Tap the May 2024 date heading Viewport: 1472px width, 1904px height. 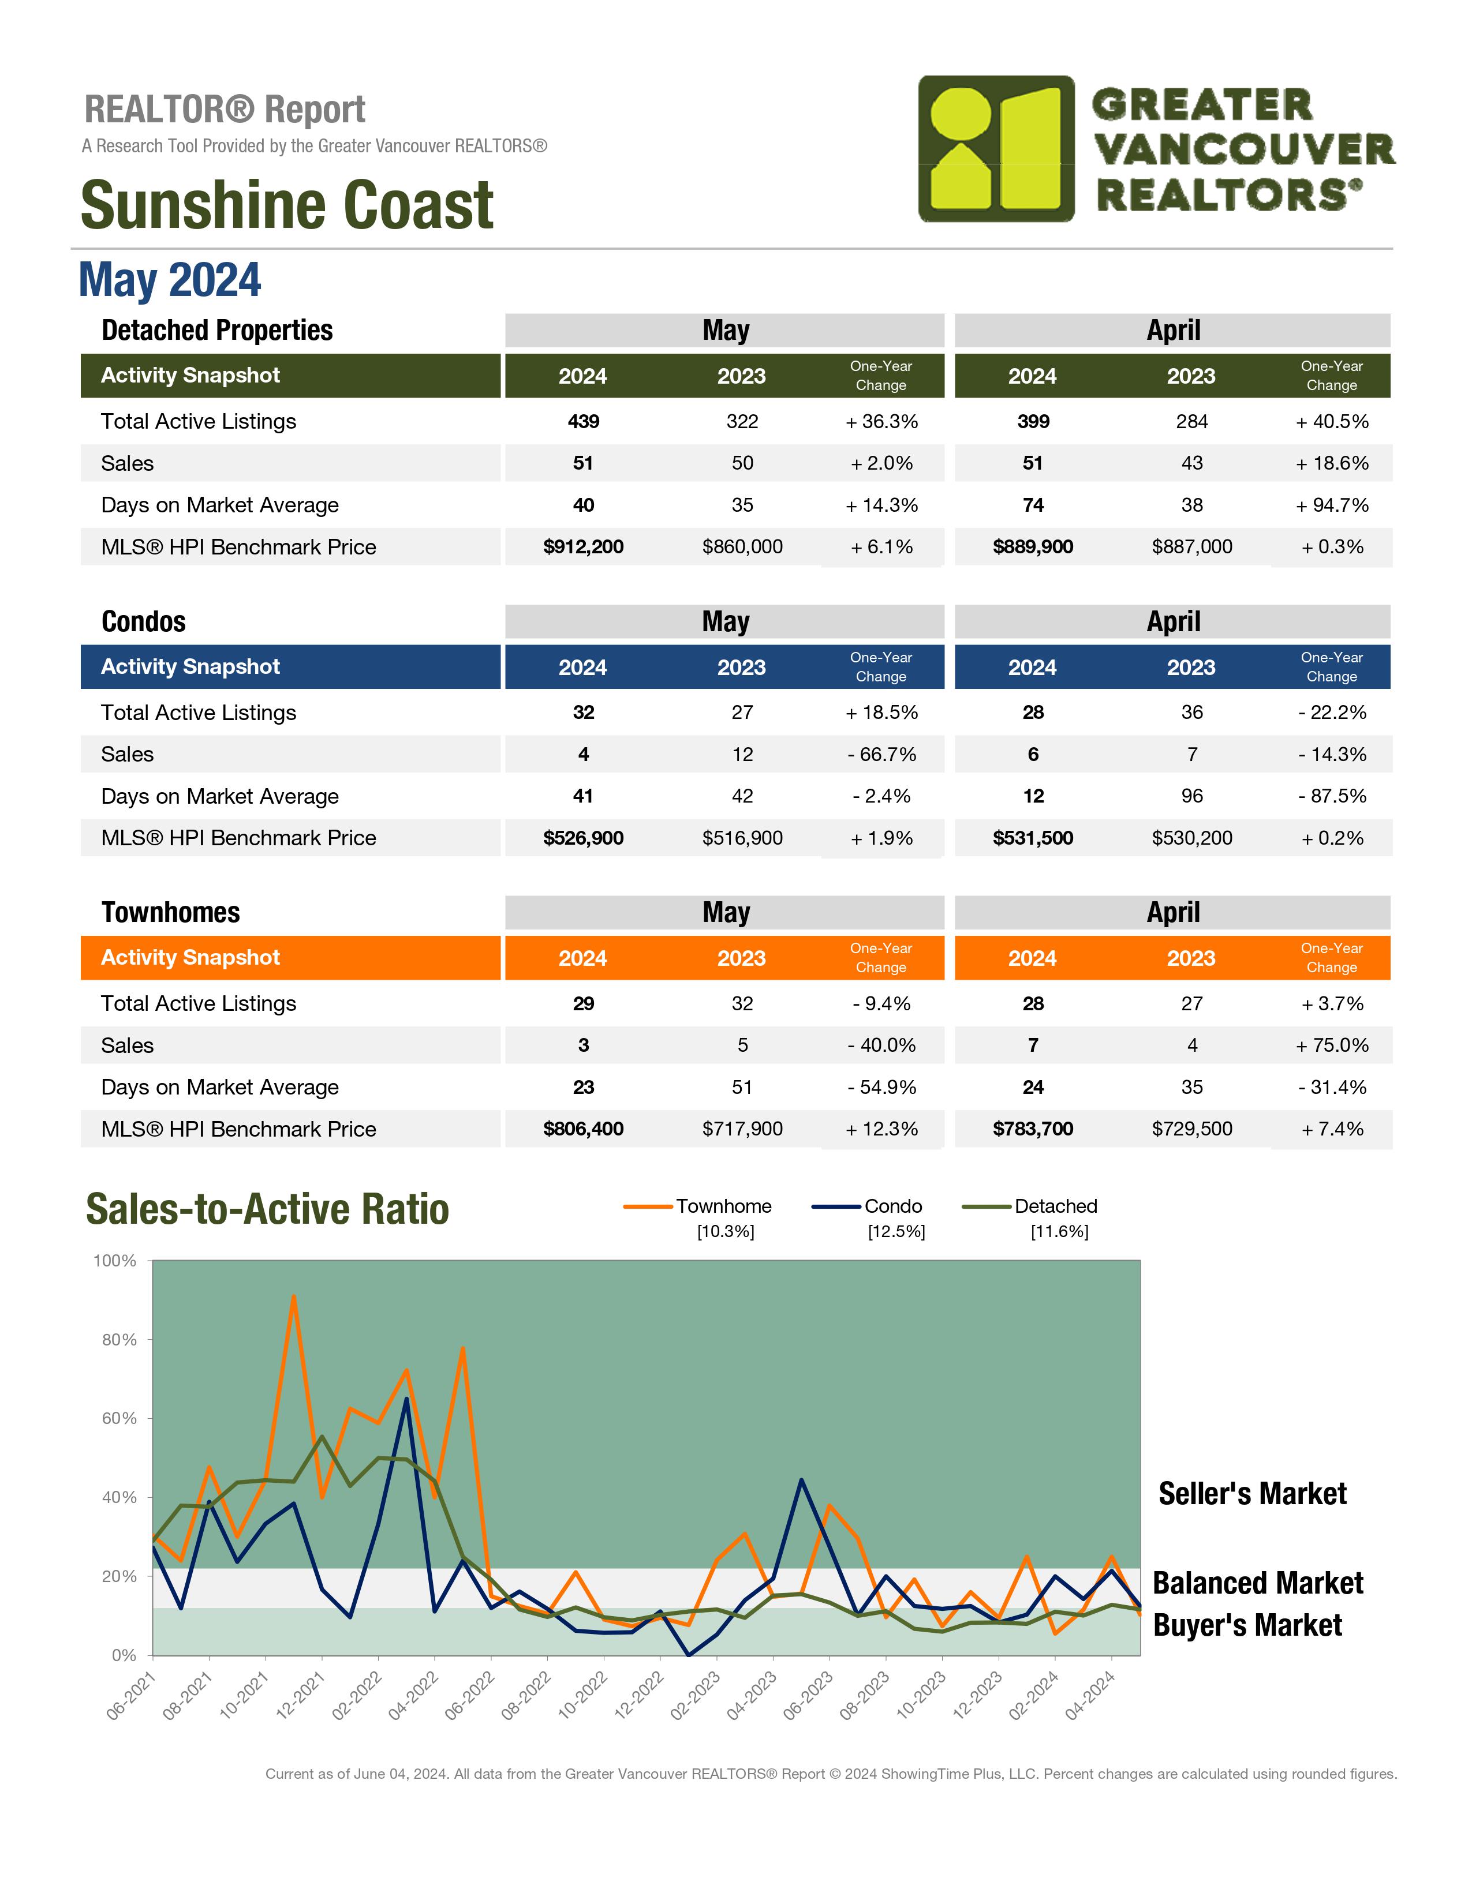[x=170, y=280]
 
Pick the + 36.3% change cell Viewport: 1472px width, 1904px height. [x=881, y=421]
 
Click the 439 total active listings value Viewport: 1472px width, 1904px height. [x=584, y=421]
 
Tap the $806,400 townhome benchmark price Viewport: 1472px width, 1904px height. [x=584, y=1129]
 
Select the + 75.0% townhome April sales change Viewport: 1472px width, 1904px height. [x=1332, y=1045]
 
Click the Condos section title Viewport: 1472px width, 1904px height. [x=144, y=621]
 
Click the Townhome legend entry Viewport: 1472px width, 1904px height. [x=698, y=1206]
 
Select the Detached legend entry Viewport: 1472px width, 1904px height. [x=1030, y=1206]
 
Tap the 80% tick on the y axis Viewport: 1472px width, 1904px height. [x=119, y=1340]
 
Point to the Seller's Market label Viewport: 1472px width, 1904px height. [x=1252, y=1493]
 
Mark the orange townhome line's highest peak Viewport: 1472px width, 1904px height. [x=294, y=1296]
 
